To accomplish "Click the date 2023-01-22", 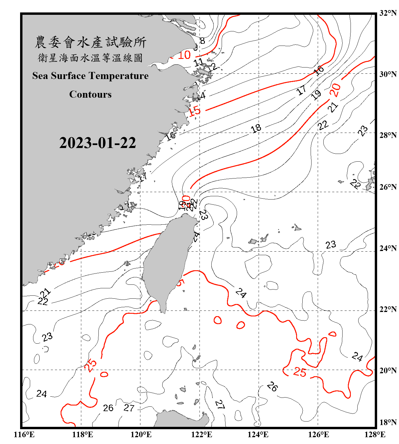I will click(98, 143).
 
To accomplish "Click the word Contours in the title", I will click(90, 94).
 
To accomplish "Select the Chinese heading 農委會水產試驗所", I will click(90, 42).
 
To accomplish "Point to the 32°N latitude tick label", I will click(388, 13).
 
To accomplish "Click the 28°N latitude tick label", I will click(388, 135).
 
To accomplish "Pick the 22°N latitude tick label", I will click(388, 309).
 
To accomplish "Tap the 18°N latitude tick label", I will click(388, 422).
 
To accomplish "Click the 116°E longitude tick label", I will click(24, 435).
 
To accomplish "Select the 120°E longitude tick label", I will click(141, 435).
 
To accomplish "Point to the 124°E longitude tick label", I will click(258, 435).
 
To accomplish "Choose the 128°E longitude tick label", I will click(375, 435).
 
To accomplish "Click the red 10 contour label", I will click(184, 55).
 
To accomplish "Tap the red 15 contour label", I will click(194, 111).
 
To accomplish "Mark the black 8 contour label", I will click(202, 41).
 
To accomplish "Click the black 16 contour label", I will click(319, 70).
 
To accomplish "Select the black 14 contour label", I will click(201, 96).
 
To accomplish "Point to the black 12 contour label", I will click(212, 67).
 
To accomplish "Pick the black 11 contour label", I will click(198, 62).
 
